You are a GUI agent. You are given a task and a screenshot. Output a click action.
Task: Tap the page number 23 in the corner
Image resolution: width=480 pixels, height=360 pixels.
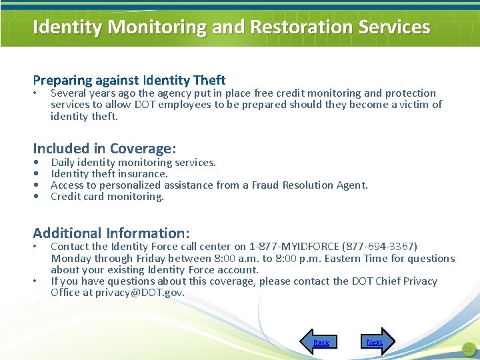(467, 349)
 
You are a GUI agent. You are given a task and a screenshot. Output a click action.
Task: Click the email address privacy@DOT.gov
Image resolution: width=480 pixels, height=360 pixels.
(139, 293)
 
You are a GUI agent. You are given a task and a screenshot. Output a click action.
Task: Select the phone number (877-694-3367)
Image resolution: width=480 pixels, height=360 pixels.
(379, 247)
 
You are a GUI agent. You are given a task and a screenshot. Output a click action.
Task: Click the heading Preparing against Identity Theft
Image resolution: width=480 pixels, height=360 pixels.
(129, 80)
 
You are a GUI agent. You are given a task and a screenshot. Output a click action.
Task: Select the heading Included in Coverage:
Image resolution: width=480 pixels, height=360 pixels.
(104, 148)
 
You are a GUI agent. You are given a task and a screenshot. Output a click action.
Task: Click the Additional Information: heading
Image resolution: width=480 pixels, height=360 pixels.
(111, 233)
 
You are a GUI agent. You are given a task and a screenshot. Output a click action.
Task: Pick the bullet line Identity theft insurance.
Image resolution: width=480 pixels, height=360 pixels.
(109, 173)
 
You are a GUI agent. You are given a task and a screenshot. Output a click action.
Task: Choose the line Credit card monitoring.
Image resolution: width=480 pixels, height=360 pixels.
(107, 196)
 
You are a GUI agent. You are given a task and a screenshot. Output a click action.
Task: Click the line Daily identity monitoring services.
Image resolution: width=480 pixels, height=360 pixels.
(133, 162)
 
